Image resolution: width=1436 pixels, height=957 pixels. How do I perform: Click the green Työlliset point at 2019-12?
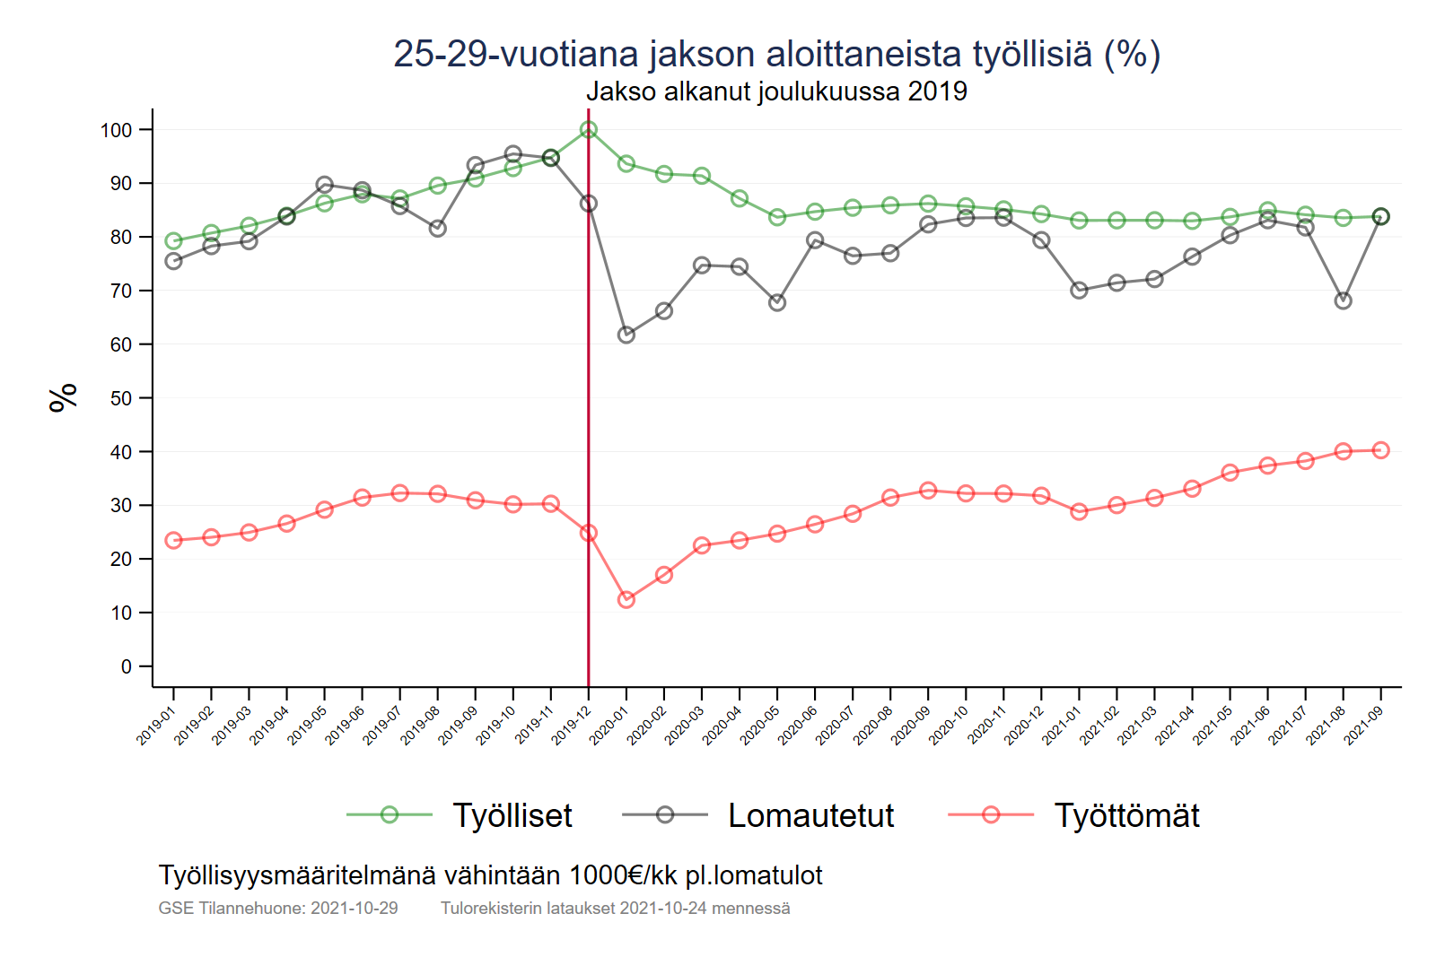(x=589, y=130)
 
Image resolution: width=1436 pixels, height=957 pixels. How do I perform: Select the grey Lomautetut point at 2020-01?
(x=626, y=335)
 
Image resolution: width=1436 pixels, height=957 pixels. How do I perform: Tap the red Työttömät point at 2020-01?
(x=626, y=599)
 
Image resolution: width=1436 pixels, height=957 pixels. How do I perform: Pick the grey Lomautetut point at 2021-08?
(x=1343, y=300)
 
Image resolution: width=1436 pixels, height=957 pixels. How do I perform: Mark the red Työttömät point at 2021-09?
(x=1380, y=450)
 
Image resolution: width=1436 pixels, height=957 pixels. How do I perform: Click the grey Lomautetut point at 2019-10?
(x=513, y=154)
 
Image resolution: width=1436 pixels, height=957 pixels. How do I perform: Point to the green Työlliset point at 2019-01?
(x=174, y=240)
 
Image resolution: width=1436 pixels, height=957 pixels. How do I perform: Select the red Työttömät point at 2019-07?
(x=400, y=493)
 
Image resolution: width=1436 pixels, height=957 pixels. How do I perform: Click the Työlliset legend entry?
(x=512, y=815)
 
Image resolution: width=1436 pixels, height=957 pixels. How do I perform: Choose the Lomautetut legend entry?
(x=810, y=815)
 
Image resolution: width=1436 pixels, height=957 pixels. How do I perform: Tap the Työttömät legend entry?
(x=1126, y=815)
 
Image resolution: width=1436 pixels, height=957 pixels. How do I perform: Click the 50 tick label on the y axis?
(x=120, y=398)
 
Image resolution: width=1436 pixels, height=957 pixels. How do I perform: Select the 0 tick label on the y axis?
(x=127, y=666)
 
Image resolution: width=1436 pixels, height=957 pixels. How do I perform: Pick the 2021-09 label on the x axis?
(x=1363, y=726)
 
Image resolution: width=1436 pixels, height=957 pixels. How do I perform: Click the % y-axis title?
(x=64, y=397)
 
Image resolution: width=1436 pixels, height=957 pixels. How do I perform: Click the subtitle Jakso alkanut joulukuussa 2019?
(x=776, y=91)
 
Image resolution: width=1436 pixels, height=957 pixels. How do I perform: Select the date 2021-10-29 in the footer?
(x=355, y=908)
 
